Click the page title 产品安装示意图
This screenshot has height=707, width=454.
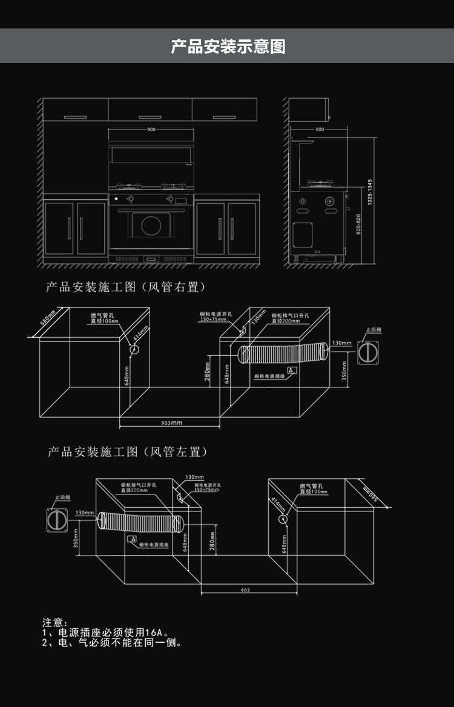coord(227,46)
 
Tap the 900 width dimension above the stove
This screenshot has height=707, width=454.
coord(151,130)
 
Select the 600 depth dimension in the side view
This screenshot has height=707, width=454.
coord(320,130)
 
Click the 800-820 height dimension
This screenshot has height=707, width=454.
coord(358,225)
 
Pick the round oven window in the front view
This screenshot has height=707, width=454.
coord(151,225)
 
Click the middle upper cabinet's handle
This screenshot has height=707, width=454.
coord(150,116)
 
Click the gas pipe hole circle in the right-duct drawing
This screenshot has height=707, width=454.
coord(134,349)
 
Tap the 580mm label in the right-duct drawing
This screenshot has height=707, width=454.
coord(48,318)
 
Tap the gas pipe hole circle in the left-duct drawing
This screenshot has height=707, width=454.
coord(283,519)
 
